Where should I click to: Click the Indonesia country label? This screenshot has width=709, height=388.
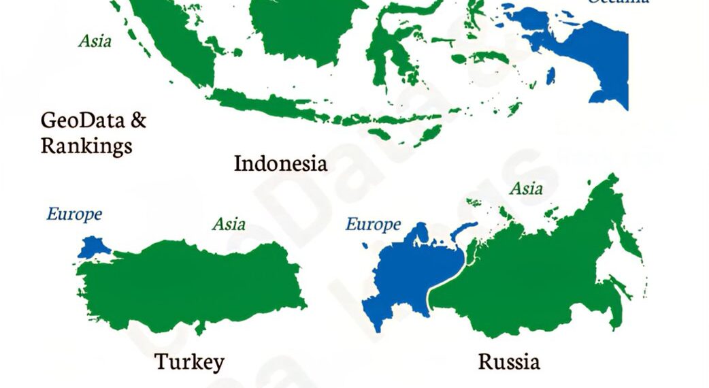pos(280,163)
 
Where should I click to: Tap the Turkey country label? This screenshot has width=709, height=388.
pos(189,361)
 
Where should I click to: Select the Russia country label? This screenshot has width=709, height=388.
pos(509,361)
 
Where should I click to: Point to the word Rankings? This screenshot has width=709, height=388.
pos(86,145)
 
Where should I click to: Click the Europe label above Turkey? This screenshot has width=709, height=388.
pos(74,214)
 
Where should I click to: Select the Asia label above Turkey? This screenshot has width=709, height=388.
pos(229,223)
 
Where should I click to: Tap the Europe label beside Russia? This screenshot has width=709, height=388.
pos(373,224)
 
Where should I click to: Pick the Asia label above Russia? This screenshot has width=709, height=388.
pos(526,188)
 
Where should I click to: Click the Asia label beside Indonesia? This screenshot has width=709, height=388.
pos(95,41)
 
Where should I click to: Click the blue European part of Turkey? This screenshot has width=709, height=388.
pos(91,247)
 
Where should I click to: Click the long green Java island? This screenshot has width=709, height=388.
pos(265,105)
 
